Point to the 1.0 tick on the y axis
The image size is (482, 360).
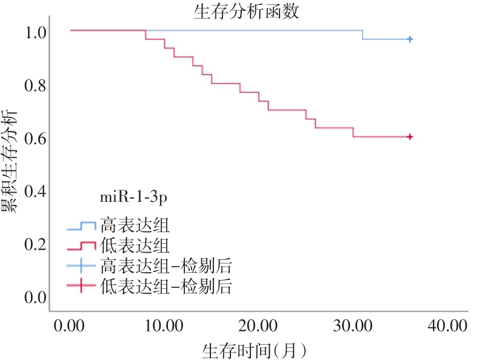[x=35, y=32]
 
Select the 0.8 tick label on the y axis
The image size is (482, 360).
[x=35, y=85]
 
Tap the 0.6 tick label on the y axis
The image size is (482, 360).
[x=35, y=139]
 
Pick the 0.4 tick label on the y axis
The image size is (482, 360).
[x=35, y=192]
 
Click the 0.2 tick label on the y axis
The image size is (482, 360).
[x=35, y=244]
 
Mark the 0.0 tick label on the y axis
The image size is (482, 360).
[x=35, y=298]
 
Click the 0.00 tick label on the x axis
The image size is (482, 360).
[x=69, y=325]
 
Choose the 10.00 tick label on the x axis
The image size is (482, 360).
[x=164, y=325]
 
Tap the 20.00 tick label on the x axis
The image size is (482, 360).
[x=258, y=325]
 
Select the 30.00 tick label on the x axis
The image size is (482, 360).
[x=353, y=325]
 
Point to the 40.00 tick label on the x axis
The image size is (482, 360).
[x=447, y=325]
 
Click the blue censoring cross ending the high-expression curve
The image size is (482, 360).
[x=410, y=39]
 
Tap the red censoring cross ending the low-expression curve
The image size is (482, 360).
[x=410, y=137]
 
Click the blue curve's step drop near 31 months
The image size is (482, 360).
[x=363, y=35]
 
